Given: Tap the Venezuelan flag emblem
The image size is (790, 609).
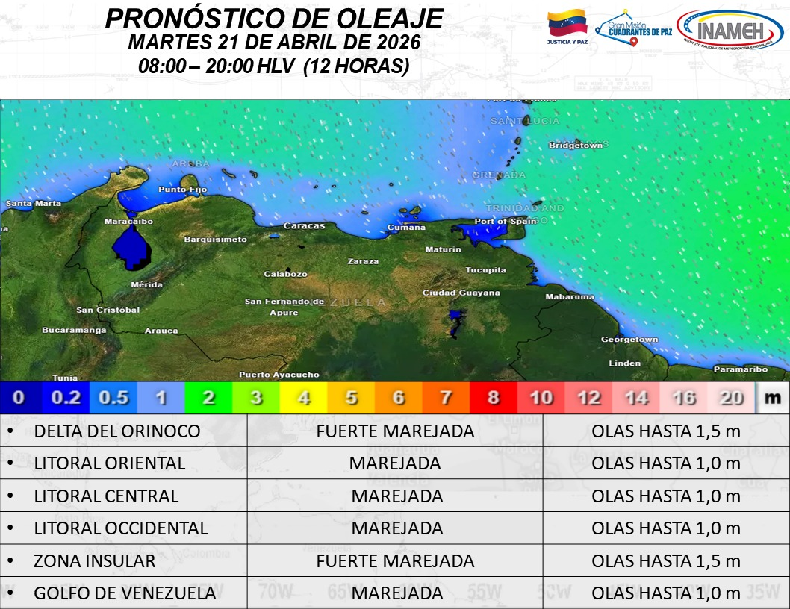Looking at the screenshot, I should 567,25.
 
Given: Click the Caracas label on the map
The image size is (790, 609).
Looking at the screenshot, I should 304,225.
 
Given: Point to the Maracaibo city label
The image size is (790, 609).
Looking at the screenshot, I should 128,222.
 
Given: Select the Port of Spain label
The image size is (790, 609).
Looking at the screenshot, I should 506,221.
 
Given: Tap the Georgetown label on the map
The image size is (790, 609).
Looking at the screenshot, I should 629,340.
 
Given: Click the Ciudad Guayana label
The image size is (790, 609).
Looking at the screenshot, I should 461,293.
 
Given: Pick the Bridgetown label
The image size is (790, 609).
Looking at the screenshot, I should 575,146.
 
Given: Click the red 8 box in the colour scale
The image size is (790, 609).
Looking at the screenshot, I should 494,398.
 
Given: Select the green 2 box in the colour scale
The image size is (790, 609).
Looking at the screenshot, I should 208,398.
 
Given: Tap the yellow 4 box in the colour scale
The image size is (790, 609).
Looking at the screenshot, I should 304,398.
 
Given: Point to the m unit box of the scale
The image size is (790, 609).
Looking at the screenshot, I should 772,398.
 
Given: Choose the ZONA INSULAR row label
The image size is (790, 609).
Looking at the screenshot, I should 95,561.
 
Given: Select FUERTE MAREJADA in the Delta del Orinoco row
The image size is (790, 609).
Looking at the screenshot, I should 395,431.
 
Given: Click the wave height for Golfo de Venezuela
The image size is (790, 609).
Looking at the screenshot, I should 665,593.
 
